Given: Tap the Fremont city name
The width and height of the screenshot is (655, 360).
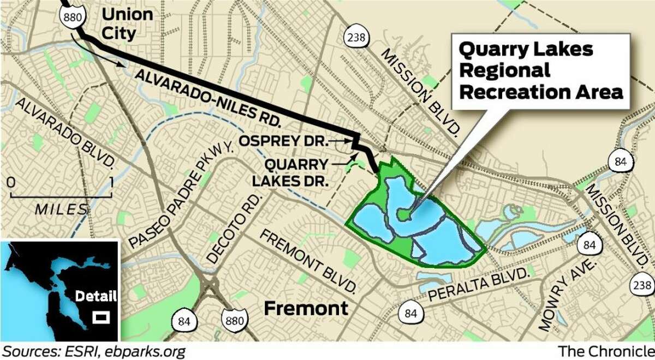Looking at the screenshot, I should coord(306,308).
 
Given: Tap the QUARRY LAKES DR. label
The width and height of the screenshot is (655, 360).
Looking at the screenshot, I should coord(297,172).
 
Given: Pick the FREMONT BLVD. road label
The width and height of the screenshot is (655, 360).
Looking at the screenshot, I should coord(308,259).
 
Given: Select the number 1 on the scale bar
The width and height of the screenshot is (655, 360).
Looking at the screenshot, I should coord(111,181).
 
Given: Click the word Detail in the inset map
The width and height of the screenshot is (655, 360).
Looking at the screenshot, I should coord(96,297).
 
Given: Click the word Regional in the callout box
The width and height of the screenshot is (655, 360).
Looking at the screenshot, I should coord(504,71).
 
